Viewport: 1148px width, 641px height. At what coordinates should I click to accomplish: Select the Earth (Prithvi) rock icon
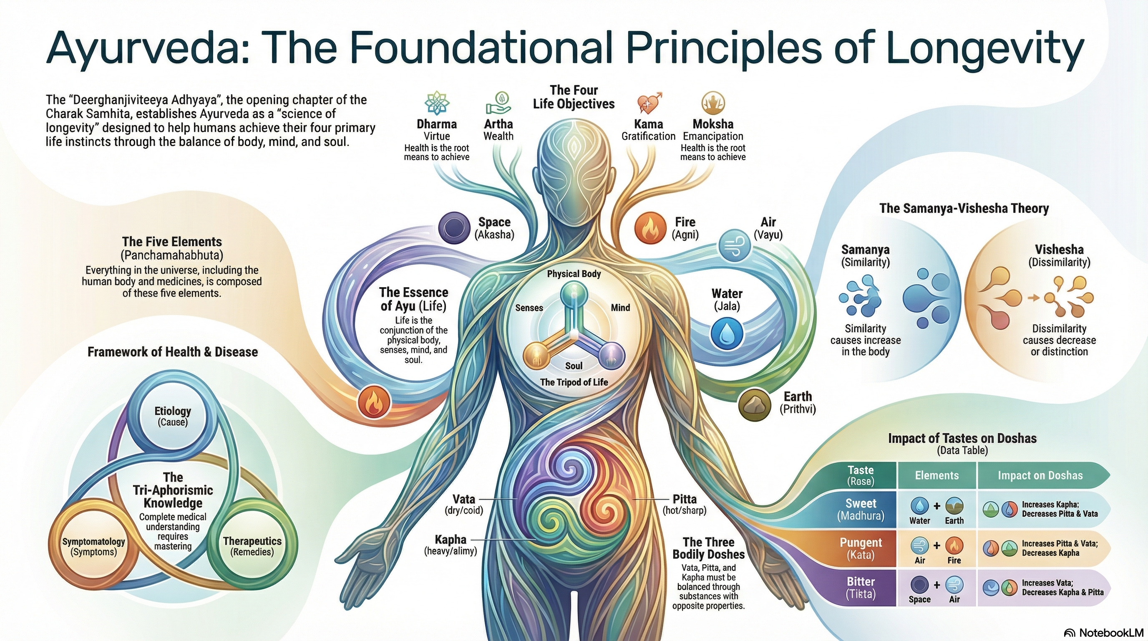754,404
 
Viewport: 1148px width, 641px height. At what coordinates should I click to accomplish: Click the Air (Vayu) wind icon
735,245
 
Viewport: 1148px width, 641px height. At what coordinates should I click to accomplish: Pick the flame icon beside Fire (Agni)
650,227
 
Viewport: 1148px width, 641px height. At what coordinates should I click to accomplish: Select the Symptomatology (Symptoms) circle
93,547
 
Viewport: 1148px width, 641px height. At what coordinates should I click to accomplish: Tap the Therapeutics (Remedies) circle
252,547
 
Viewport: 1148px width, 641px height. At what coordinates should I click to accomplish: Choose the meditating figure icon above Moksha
712,104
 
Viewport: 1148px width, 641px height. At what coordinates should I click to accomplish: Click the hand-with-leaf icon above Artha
498,104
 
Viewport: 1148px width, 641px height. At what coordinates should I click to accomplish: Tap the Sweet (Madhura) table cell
860,510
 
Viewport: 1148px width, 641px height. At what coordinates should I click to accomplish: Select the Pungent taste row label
860,549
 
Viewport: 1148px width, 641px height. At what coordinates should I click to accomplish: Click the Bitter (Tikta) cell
860,588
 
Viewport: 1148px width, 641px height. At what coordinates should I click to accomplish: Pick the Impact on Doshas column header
1040,475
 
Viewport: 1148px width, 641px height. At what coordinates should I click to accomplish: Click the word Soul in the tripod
574,366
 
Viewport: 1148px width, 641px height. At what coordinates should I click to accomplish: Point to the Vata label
463,499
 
